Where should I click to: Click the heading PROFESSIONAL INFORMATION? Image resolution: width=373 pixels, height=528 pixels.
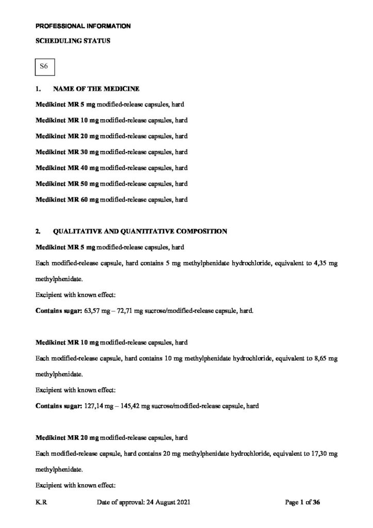click(82, 25)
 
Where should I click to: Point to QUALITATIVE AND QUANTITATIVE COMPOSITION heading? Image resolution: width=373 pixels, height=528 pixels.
click(140, 232)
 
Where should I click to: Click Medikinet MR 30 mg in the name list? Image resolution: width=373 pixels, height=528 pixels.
click(66, 152)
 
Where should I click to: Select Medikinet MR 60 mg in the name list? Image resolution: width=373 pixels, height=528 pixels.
click(66, 199)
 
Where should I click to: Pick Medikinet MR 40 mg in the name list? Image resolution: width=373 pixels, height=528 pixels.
click(66, 168)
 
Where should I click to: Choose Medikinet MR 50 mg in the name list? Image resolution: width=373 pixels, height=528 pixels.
click(66, 184)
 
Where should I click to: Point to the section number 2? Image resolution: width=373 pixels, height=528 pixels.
click(38, 232)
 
